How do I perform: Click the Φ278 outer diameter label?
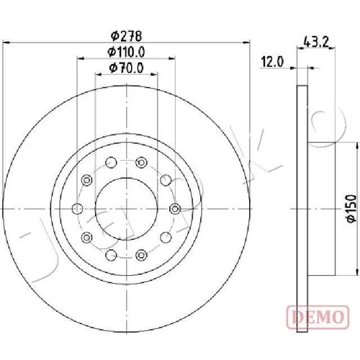(126, 36)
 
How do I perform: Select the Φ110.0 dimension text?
(126, 52)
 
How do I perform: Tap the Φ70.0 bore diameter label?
(126, 68)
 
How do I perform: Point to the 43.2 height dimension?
(316, 42)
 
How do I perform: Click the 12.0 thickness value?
(272, 62)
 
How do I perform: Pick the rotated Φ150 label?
(352, 208)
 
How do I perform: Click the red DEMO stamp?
(318, 317)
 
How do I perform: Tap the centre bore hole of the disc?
(126, 209)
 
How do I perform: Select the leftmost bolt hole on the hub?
(77, 209)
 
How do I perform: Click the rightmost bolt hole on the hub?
(175, 209)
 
